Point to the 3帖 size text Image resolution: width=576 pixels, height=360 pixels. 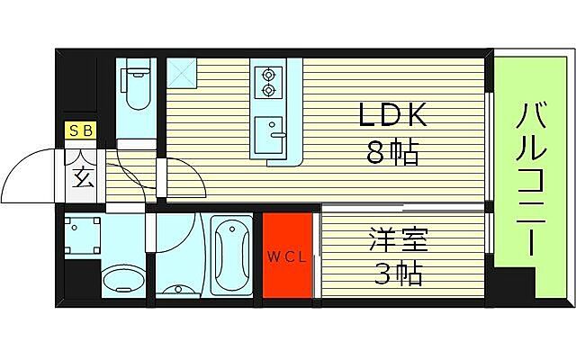coord(396,273)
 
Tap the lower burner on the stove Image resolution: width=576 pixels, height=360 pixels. coord(268,92)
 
